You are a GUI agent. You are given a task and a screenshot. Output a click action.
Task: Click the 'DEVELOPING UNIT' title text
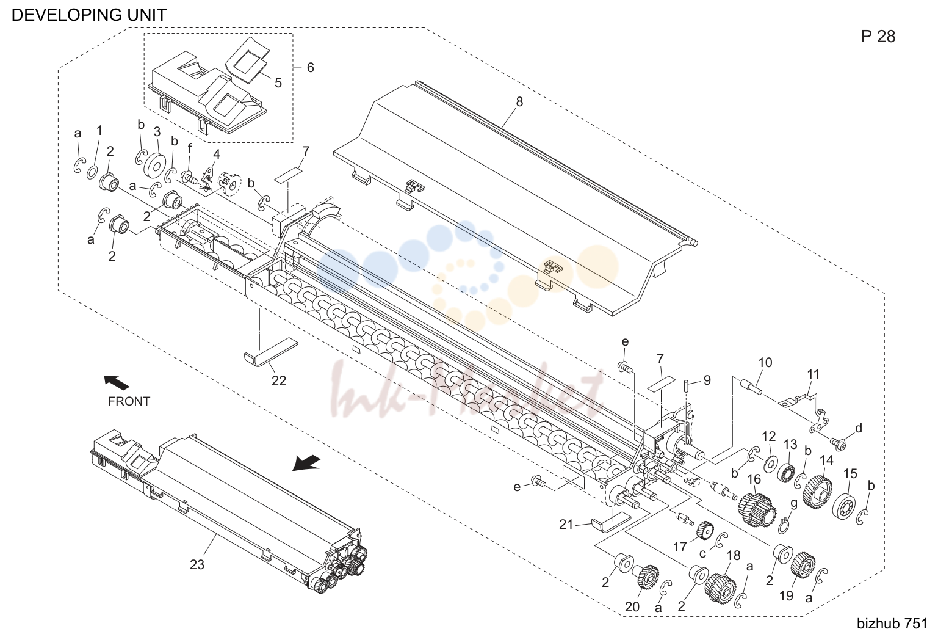click(x=88, y=15)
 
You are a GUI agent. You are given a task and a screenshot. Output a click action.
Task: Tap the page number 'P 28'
click(x=878, y=37)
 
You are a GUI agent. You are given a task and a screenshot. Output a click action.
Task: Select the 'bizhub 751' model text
click(x=892, y=624)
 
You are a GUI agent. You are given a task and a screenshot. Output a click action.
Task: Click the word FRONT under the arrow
click(x=129, y=401)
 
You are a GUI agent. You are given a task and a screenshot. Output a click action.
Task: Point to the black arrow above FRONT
click(x=117, y=382)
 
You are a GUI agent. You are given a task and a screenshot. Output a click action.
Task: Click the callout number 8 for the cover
click(x=519, y=102)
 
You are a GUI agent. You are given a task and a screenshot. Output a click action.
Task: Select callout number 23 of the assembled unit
click(x=197, y=564)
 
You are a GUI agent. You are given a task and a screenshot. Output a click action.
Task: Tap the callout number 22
click(x=278, y=380)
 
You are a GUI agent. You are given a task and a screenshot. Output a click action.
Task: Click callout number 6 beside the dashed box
click(x=310, y=67)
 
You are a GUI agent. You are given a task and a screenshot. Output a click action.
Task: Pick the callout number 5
click(x=278, y=83)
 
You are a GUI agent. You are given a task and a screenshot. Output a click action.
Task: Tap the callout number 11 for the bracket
click(x=814, y=374)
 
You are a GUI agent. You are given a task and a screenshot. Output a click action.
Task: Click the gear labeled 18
click(x=720, y=589)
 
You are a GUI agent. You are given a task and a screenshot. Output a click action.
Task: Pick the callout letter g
click(x=793, y=504)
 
